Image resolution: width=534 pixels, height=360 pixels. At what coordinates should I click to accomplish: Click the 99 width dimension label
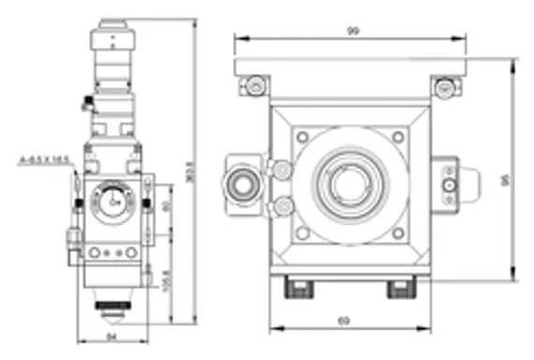click(353, 31)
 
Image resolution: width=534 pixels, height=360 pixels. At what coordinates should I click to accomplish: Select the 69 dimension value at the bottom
click(343, 322)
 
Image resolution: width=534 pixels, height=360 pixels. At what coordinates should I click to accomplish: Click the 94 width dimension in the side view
click(111, 336)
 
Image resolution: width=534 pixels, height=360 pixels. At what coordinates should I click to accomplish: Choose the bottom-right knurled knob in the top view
click(402, 287)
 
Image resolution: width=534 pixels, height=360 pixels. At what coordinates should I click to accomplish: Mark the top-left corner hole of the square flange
click(302, 137)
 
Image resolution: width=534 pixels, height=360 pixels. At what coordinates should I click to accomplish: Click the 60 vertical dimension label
click(168, 207)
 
